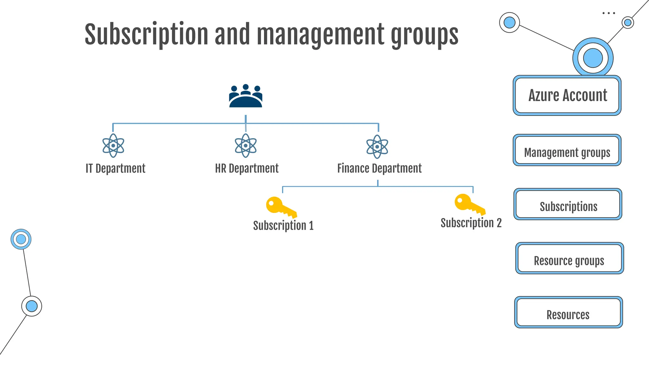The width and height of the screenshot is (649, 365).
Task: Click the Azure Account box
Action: pyautogui.click(x=567, y=95)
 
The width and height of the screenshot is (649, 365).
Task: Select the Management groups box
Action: pyautogui.click(x=567, y=150)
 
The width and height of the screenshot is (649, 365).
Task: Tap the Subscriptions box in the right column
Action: pyautogui.click(x=568, y=204)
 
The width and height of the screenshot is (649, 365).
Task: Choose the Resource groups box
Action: pyautogui.click(x=569, y=258)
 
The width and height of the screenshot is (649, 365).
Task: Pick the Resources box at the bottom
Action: pyautogui.click(x=569, y=312)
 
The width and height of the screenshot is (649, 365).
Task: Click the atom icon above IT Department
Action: pyautogui.click(x=113, y=146)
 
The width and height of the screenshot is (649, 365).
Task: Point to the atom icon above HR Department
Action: pyautogui.click(x=246, y=146)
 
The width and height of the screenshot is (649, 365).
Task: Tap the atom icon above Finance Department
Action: pyautogui.click(x=377, y=147)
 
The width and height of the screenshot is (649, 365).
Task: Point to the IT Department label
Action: pyautogui.click(x=116, y=168)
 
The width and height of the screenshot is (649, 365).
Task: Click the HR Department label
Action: pyautogui.click(x=247, y=168)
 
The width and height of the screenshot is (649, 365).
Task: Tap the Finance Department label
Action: pyautogui.click(x=379, y=168)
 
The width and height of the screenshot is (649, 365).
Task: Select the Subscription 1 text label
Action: pyautogui.click(x=283, y=226)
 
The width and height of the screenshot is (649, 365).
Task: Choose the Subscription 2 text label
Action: pyautogui.click(x=471, y=223)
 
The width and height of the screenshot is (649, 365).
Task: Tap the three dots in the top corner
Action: pyautogui.click(x=608, y=13)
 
